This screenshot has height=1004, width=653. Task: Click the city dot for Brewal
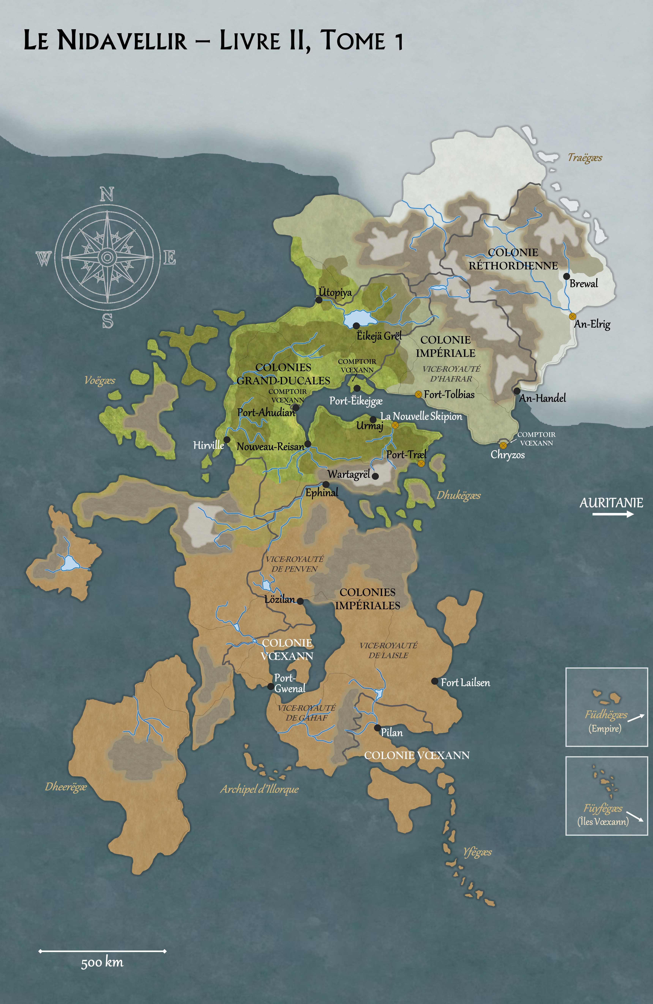(566, 276)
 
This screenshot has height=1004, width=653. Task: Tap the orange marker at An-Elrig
(572, 316)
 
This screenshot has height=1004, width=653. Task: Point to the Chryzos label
(507, 455)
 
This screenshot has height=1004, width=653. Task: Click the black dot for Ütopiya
(319, 300)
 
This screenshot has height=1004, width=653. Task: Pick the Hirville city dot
(227, 439)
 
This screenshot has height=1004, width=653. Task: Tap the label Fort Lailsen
(465, 683)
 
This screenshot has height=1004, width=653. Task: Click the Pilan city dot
(377, 728)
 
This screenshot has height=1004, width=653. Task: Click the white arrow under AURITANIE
(613, 514)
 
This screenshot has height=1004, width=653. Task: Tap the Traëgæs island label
(585, 158)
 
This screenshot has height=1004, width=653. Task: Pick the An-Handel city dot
(517, 391)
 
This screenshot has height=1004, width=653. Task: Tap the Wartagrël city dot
(375, 476)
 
